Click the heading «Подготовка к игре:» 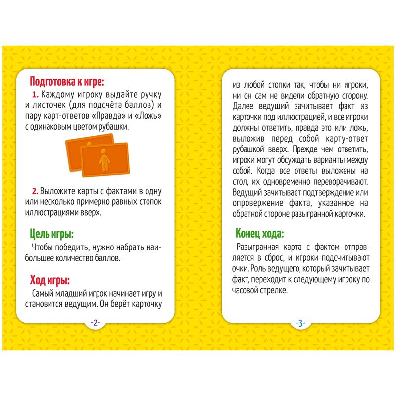pos(67,82)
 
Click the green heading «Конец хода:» pos(260,233)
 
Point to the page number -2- pos(95,323)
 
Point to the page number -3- pos(300,323)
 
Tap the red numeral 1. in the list pos(35,94)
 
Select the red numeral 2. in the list pos(35,191)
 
